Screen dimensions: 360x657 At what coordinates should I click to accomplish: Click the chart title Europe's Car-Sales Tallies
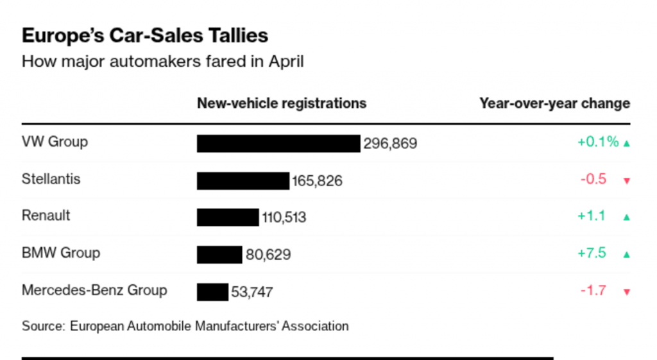coord(145,35)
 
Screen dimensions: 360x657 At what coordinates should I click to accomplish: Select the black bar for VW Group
coord(278,143)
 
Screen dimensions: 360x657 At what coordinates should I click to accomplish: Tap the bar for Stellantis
coord(243,180)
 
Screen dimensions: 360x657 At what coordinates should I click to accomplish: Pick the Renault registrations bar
coord(227,217)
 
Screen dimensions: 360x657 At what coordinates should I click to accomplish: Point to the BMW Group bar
coord(219,254)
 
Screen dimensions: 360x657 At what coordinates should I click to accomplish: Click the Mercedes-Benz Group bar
coord(212,291)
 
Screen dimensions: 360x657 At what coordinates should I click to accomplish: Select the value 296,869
coord(390,143)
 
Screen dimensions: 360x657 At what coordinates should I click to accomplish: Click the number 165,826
coord(317,181)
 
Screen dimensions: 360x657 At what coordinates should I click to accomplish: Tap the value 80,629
coord(268,255)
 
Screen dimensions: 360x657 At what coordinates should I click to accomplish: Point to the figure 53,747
coord(252,293)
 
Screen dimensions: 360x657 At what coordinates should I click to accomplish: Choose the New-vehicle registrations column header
coord(282,103)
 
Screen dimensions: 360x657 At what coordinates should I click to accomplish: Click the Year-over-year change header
coord(554,103)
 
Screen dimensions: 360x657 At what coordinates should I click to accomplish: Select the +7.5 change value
coord(592,253)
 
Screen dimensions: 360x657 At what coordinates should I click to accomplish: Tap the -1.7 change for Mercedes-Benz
coord(593,290)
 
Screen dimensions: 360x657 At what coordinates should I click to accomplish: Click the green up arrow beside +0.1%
coord(627,143)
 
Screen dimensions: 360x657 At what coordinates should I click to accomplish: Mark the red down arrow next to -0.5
coord(627,180)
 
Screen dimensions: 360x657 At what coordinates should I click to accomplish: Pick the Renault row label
coord(46,216)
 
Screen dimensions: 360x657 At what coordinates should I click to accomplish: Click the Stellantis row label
coord(51,178)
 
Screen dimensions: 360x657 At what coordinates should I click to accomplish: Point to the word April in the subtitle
coord(286,62)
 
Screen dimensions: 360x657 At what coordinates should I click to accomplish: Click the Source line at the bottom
coord(185,326)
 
